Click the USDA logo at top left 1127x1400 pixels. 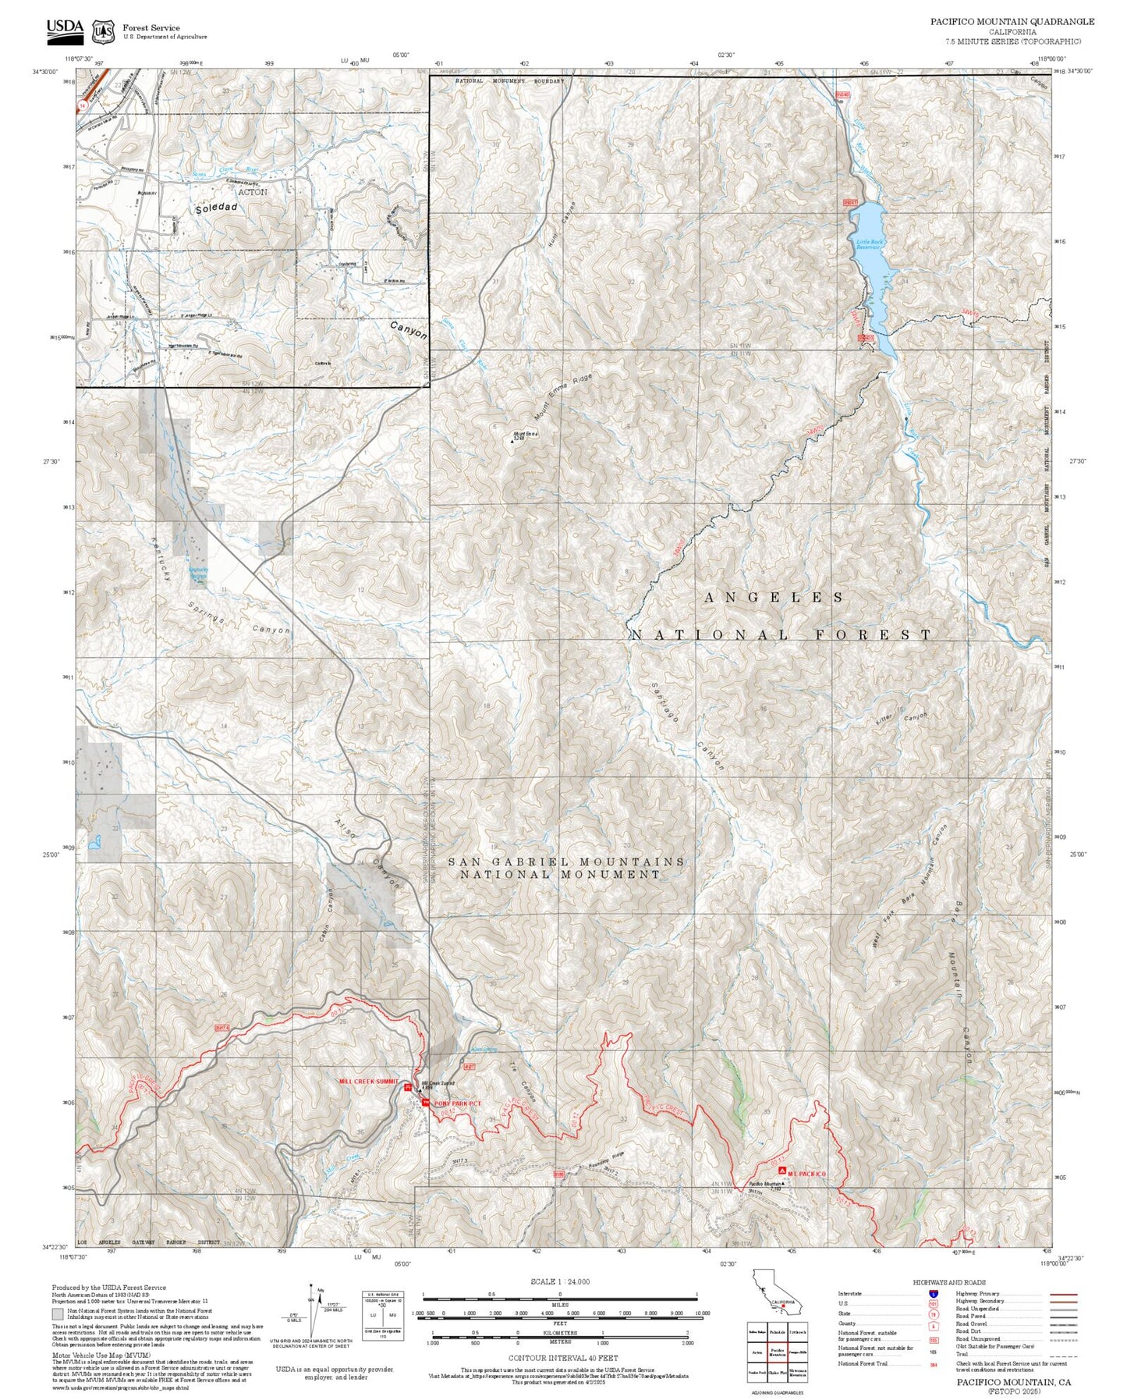pyautogui.click(x=65, y=28)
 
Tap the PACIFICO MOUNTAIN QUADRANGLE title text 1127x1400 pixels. pyautogui.click(x=1012, y=22)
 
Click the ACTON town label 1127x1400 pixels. pyautogui.click(x=252, y=192)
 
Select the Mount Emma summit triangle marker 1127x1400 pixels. pyautogui.click(x=512, y=441)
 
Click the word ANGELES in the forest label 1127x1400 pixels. pyautogui.click(x=773, y=598)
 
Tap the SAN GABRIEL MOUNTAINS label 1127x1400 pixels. pyautogui.click(x=566, y=862)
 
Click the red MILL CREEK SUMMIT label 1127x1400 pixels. pyautogui.click(x=369, y=1082)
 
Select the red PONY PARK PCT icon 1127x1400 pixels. pyautogui.click(x=425, y=1102)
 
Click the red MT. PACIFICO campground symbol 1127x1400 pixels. pyautogui.click(x=782, y=1171)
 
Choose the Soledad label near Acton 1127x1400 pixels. pyautogui.click(x=215, y=209)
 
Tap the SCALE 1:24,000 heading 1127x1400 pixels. pyautogui.click(x=560, y=1281)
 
